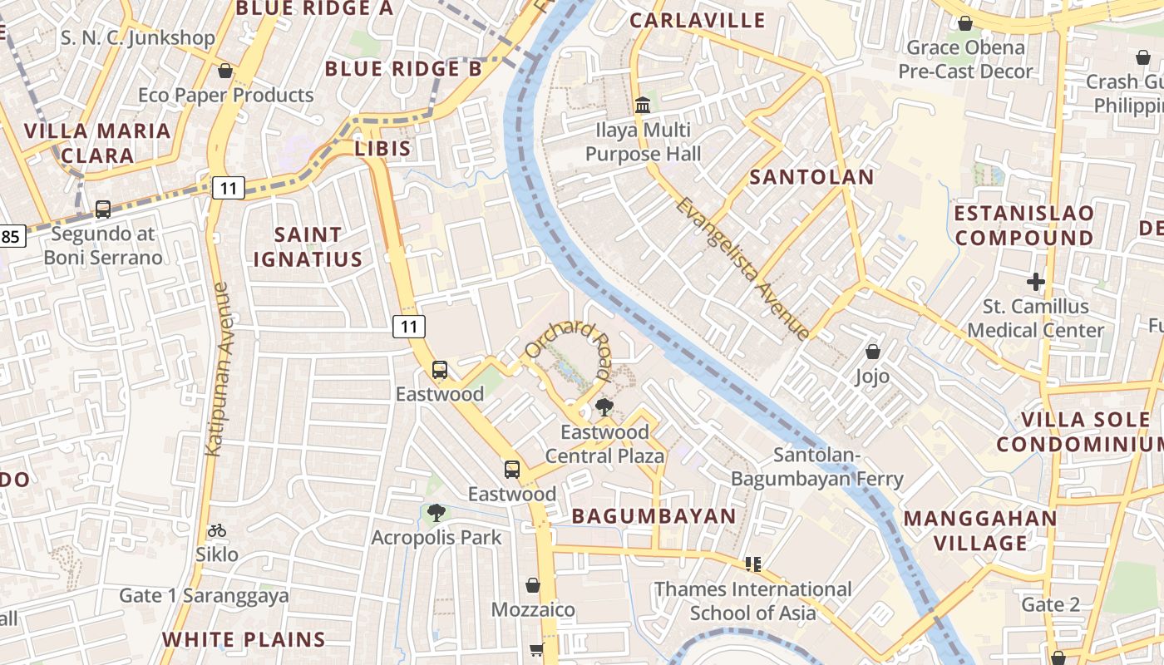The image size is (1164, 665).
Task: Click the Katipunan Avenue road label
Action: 218,369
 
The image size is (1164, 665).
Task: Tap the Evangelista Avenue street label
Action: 742,268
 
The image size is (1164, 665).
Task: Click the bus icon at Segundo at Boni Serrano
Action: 103,209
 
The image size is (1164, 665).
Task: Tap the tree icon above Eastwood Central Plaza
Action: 604,407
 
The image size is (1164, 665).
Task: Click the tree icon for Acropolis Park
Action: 436,513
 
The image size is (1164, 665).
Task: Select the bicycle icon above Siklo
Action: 217,530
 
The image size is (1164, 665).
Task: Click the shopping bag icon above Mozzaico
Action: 533,586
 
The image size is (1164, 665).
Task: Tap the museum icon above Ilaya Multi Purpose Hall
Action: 643,106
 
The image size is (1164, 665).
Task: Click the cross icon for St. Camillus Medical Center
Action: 1035,282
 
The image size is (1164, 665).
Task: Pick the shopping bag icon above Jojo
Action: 873,352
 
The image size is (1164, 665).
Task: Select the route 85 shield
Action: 11,237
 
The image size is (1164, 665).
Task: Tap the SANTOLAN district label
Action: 811,177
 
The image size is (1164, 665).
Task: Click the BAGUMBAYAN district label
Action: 654,516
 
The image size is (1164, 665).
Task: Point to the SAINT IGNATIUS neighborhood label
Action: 308,247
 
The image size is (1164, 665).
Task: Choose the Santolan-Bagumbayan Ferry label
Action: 816,467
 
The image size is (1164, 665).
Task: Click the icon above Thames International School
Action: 753,564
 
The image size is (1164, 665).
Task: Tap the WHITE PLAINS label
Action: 244,639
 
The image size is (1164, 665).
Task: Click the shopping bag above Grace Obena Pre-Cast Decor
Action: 965,23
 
